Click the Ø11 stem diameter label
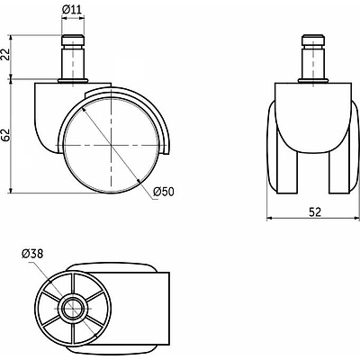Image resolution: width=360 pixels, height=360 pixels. (72, 10)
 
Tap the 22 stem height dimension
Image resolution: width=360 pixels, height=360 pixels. (6, 55)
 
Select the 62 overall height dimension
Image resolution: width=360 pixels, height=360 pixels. (6, 136)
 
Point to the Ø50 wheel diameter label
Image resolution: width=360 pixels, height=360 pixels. (163, 192)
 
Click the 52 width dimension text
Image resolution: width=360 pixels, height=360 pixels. (315, 212)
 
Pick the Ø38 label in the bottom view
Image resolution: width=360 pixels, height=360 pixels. (32, 254)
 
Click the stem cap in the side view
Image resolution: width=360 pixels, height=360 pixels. (73, 40)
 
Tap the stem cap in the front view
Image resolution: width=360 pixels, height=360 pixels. (313, 40)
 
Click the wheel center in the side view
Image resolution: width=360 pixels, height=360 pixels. (111, 146)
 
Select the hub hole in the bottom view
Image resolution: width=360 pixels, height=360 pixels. (73, 308)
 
